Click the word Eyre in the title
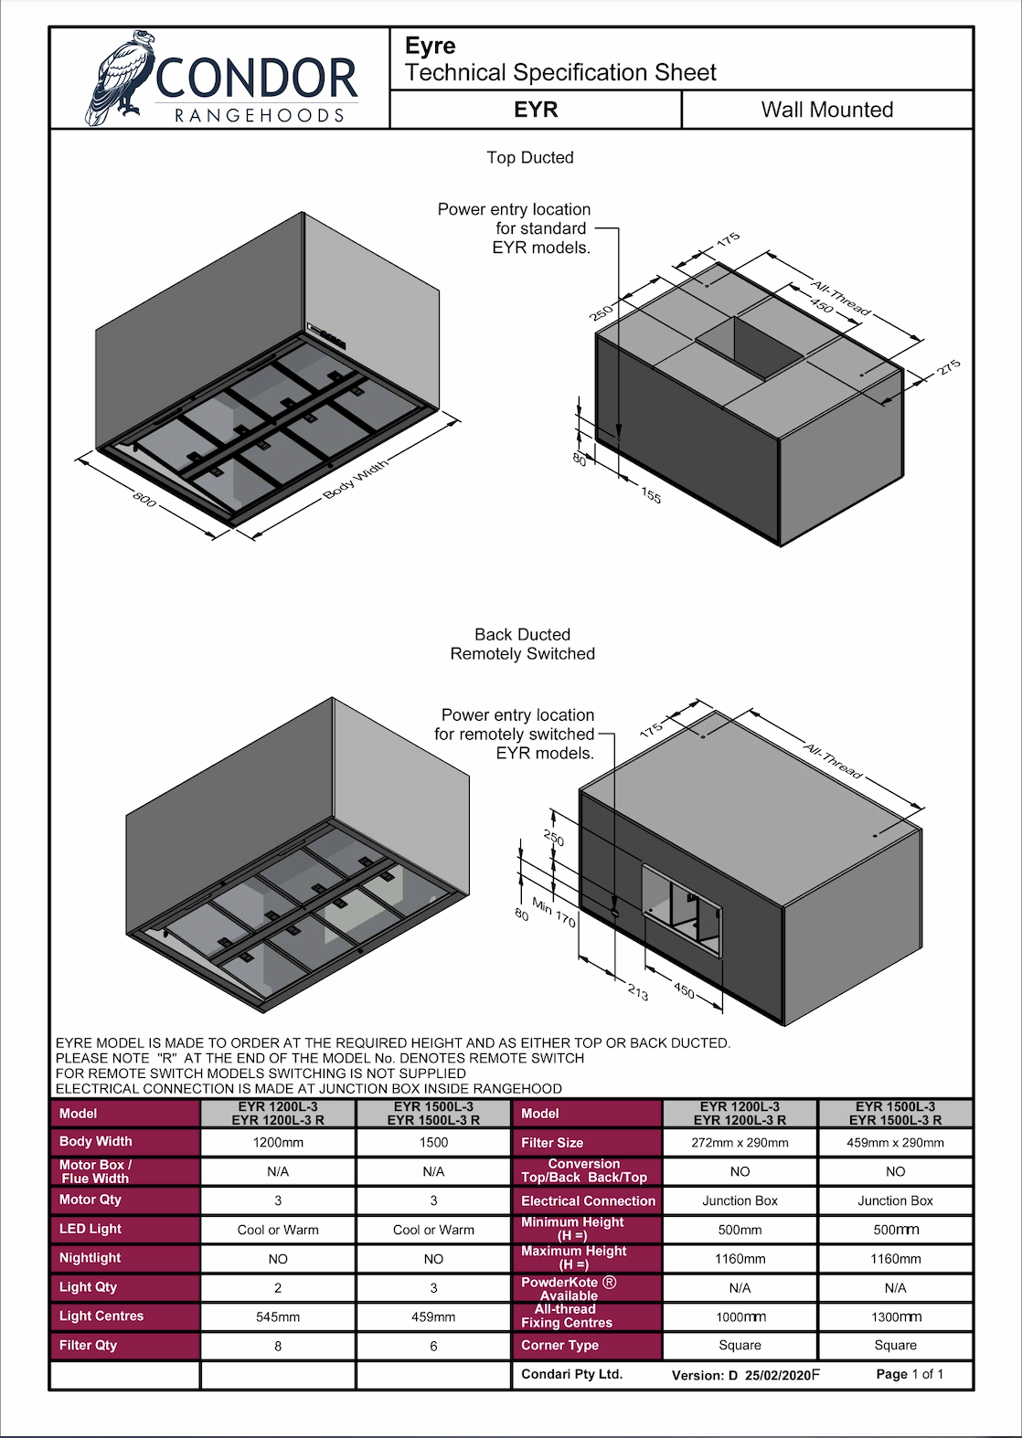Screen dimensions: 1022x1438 click(430, 46)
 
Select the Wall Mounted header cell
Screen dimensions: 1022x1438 click(826, 109)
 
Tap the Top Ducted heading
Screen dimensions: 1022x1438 click(530, 157)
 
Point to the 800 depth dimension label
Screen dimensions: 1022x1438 click(144, 498)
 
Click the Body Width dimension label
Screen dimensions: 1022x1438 click(356, 479)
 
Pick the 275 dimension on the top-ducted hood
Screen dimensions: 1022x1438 click(948, 368)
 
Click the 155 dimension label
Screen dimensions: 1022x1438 click(651, 495)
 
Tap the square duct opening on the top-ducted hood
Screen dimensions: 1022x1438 click(750, 346)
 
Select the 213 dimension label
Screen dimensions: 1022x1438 click(637, 992)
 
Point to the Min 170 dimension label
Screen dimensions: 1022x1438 click(553, 913)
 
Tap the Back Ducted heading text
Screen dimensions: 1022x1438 click(522, 634)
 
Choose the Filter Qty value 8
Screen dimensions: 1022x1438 click(278, 1346)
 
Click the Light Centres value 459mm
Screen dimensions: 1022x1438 click(433, 1316)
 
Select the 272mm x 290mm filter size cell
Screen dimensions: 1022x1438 click(740, 1142)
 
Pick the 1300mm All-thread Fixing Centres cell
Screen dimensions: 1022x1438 click(896, 1316)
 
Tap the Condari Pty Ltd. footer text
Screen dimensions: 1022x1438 click(571, 1374)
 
